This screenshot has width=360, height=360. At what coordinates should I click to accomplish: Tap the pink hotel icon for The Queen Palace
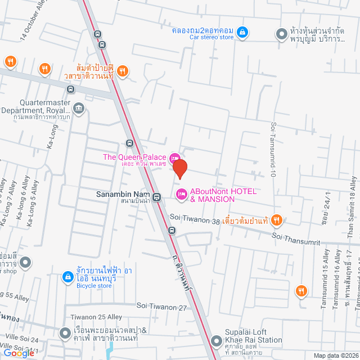click(x=174, y=157)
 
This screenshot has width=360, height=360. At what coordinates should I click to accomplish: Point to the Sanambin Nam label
click(x=119, y=195)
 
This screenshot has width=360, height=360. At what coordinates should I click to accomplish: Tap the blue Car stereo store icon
click(x=241, y=32)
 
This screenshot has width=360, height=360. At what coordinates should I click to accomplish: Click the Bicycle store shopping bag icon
click(x=67, y=276)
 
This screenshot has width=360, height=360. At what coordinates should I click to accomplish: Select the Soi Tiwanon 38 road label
click(x=194, y=221)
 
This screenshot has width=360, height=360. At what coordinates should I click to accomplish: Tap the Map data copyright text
click(x=335, y=355)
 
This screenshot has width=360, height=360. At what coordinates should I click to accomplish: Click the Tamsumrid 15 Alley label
click(x=325, y=276)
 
